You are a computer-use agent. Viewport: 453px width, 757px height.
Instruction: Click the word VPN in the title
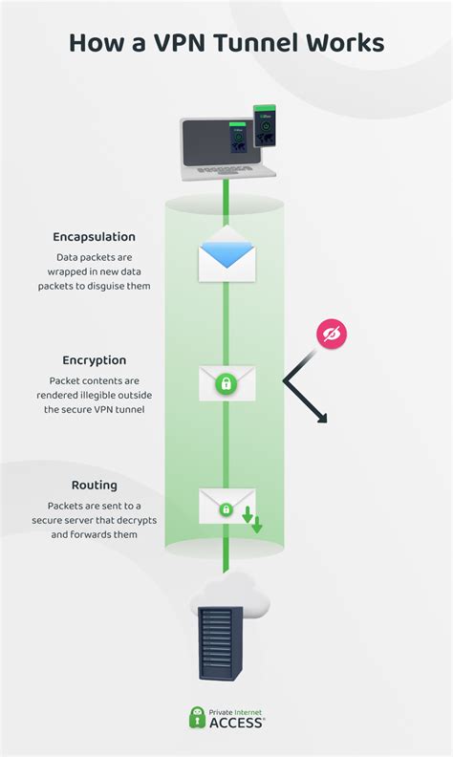pos(180,42)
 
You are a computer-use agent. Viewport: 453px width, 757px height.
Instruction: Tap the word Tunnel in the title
pos(257,42)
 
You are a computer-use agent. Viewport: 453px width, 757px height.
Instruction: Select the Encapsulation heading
pos(95,237)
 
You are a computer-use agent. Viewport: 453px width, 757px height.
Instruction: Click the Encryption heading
pos(95,360)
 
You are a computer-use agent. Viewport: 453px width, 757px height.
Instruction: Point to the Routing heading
pos(95,485)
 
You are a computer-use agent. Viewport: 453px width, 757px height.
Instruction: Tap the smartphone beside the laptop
pos(265,125)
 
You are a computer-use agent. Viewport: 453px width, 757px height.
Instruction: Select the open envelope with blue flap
pos(227,254)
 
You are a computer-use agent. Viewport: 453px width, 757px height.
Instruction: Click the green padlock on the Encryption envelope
pos(226,384)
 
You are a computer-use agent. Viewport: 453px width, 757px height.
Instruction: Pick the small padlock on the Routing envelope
pos(226,509)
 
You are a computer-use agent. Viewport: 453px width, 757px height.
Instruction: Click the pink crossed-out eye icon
pos(332,334)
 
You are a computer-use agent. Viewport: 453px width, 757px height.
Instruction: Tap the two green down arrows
pos(252,519)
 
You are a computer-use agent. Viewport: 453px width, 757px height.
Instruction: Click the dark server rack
pos(220,643)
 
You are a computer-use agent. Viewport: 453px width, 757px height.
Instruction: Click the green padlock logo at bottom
pos(197,718)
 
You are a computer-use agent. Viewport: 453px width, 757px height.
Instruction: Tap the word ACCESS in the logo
pos(236,723)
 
